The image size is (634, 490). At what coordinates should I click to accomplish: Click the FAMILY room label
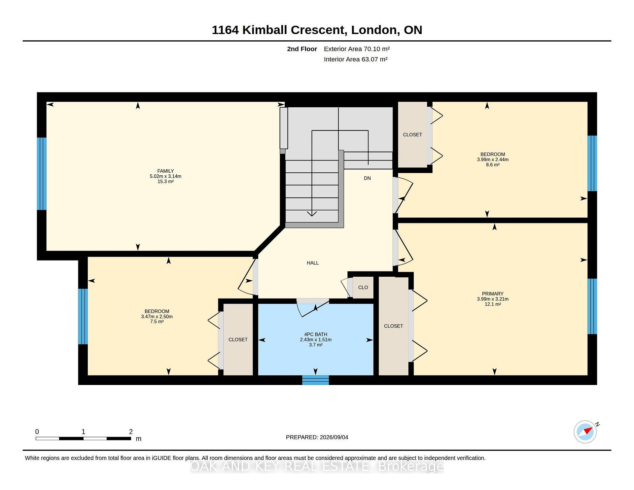pyautogui.click(x=165, y=171)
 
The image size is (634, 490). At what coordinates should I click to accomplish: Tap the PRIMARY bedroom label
pyautogui.click(x=493, y=294)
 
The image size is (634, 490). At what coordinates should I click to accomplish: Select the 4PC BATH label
pyautogui.click(x=316, y=334)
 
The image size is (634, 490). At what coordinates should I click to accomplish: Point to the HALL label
pyautogui.click(x=313, y=263)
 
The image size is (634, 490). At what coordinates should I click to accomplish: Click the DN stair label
pyautogui.click(x=368, y=178)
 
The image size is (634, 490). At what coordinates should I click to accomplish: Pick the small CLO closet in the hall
pyautogui.click(x=363, y=288)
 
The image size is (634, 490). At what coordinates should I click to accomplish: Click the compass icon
pyautogui.click(x=585, y=432)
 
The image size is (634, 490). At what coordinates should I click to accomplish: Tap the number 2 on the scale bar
pyautogui.click(x=131, y=432)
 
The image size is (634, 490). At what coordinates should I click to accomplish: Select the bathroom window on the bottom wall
pyautogui.click(x=315, y=380)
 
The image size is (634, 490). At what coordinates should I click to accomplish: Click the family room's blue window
pyautogui.click(x=42, y=174)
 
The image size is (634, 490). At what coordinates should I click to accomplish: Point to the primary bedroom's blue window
pyautogui.click(x=592, y=306)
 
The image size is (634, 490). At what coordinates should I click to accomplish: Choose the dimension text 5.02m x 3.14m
pyautogui.click(x=165, y=176)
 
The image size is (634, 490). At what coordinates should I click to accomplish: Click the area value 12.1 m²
pyautogui.click(x=493, y=304)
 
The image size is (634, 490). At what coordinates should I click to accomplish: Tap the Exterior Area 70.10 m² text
pyautogui.click(x=357, y=49)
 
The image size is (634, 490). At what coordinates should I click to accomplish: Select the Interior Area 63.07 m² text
pyautogui.click(x=356, y=59)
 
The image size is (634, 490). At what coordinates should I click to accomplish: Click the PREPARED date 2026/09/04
pyautogui.click(x=334, y=437)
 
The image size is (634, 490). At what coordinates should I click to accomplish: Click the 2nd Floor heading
pyautogui.click(x=302, y=49)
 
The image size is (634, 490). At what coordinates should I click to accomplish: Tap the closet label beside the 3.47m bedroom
pyautogui.click(x=238, y=340)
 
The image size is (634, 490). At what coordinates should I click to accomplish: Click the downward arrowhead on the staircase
pyautogui.click(x=312, y=214)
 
